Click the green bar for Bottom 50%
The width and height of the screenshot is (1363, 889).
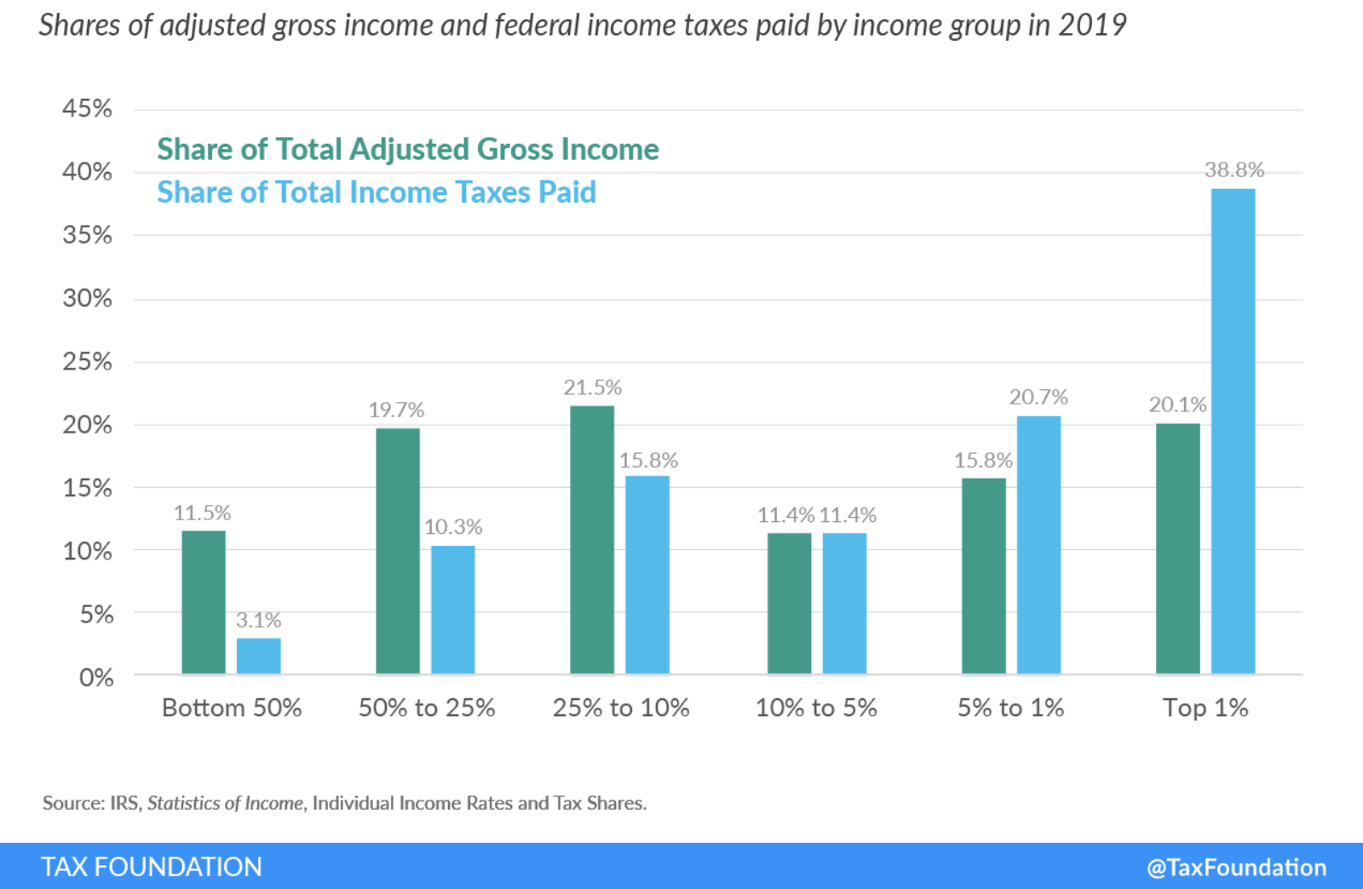point(204,602)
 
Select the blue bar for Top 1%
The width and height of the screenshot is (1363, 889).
point(1233,431)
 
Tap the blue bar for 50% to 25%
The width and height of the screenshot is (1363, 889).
point(452,610)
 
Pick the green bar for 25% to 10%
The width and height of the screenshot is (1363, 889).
point(592,540)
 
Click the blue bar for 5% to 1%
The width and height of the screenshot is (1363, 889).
point(1038,545)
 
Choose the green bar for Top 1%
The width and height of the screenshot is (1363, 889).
point(1177,548)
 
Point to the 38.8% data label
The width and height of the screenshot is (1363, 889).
point(1234,170)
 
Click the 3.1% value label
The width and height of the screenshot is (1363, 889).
point(258,620)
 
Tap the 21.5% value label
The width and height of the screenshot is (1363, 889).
point(592,387)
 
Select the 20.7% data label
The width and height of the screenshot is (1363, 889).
point(1038,397)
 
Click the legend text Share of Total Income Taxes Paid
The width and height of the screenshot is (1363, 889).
point(377,192)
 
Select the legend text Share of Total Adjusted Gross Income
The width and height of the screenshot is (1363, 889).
point(407,150)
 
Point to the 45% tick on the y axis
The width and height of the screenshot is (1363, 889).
point(87,109)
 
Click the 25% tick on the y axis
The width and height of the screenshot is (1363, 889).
point(87,362)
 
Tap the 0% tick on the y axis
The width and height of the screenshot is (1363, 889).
point(95,678)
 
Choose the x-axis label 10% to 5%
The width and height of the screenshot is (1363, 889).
point(816,708)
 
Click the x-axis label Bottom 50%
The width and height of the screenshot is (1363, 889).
point(232,708)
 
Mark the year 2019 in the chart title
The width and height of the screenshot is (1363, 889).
point(1092,26)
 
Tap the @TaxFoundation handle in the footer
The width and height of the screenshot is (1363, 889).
point(1236,868)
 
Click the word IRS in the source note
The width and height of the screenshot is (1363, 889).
point(124,803)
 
